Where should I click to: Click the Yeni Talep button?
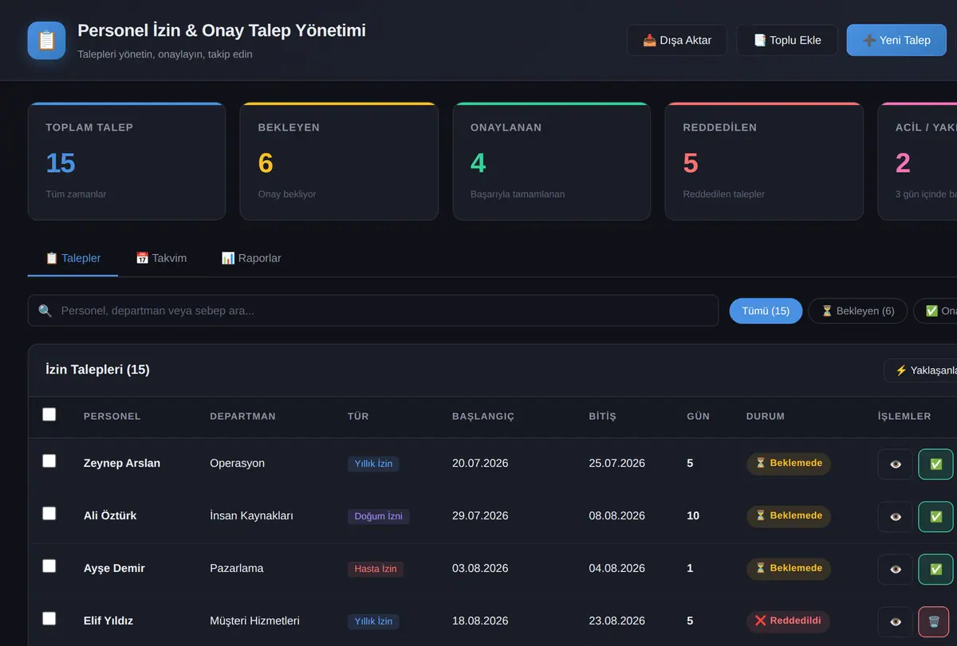(896, 40)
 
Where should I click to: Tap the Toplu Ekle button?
(787, 40)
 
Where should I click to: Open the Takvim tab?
(161, 258)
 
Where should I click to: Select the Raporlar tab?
(251, 258)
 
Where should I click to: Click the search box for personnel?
(373, 311)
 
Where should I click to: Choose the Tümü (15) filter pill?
(766, 311)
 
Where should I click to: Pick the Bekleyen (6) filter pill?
(857, 311)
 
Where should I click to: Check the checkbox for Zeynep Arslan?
(49, 461)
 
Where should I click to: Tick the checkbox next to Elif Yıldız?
(49, 618)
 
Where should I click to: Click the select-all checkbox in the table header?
(49, 414)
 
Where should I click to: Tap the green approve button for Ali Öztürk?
(935, 517)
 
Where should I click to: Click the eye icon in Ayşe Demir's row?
(896, 570)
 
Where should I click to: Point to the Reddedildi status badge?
(788, 621)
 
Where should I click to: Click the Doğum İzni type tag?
(378, 516)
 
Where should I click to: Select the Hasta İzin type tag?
(376, 569)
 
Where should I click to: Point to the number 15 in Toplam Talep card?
(61, 163)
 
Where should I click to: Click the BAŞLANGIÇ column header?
(483, 417)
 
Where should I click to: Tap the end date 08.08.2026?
(616, 515)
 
